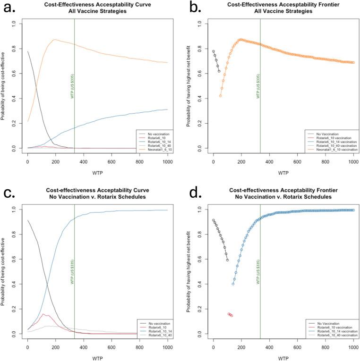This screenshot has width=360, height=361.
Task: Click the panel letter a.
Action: tap(9, 8)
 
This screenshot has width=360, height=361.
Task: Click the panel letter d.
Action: tap(195, 193)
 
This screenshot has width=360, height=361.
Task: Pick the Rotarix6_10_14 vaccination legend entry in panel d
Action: tap(334, 330)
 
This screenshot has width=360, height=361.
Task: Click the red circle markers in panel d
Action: tap(230, 315)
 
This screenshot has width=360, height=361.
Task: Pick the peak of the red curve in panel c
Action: tap(44, 314)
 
